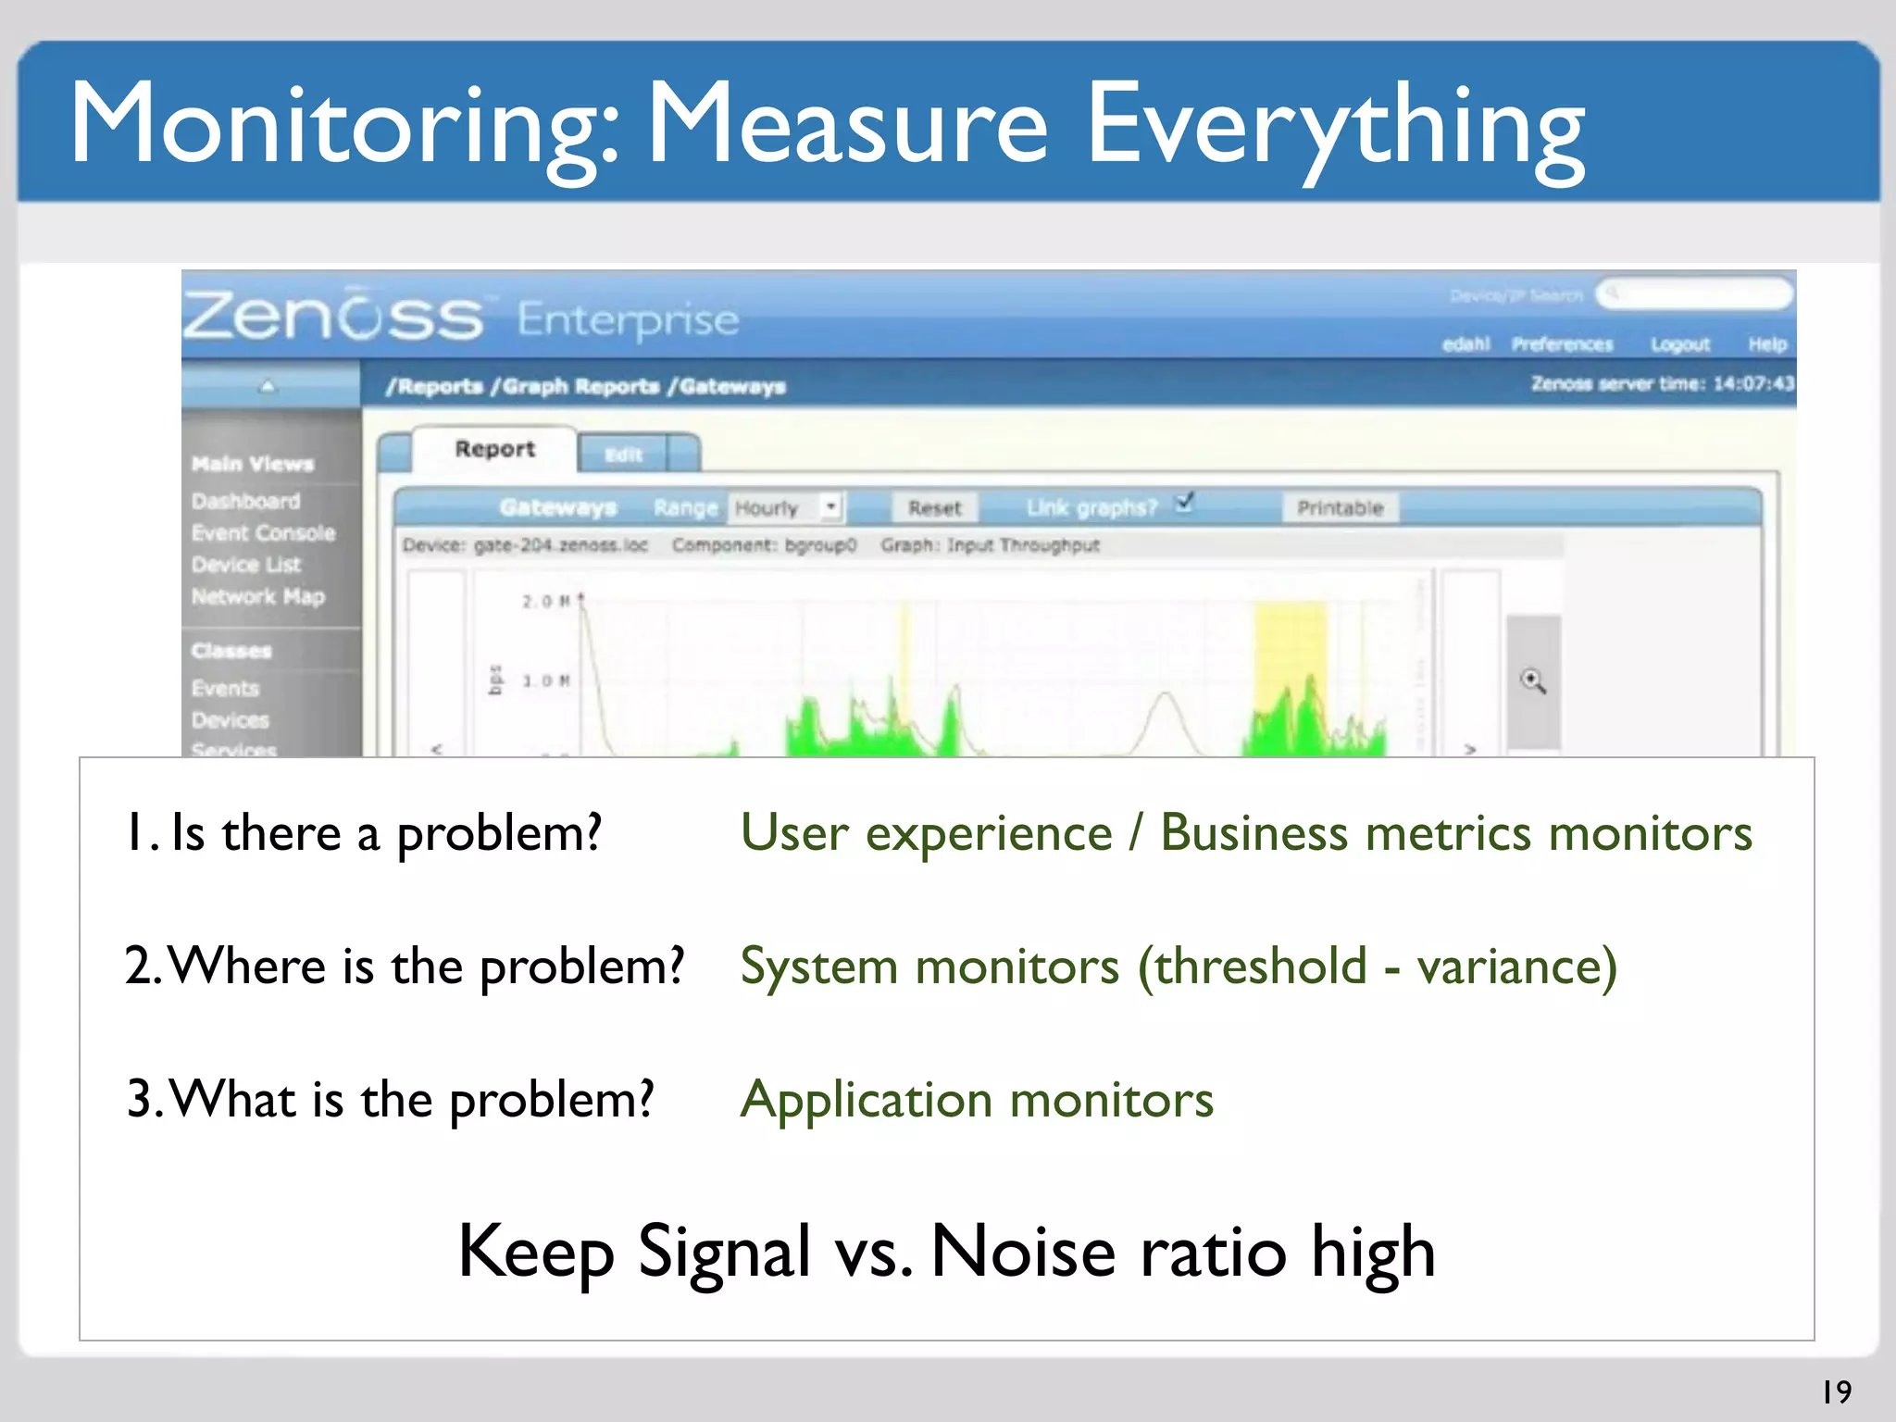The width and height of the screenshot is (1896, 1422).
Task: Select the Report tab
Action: (494, 449)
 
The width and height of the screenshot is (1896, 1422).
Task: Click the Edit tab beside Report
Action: (623, 455)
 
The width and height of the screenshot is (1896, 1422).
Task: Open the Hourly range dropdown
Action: (830, 506)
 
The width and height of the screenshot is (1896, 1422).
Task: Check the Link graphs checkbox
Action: (1184, 503)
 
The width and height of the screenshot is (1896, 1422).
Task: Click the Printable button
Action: (1340, 507)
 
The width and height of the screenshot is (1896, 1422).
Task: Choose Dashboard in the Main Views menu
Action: (246, 501)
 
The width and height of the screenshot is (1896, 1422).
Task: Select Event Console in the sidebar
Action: (263, 533)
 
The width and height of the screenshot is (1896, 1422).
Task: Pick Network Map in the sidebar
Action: (258, 596)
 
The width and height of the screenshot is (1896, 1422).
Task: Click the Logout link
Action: (1679, 344)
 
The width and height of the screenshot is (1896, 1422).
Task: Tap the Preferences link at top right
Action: (1562, 344)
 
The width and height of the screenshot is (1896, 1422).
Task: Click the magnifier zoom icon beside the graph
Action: (1533, 681)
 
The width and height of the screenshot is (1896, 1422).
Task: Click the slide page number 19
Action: (1837, 1391)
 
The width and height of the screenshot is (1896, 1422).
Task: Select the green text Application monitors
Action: (977, 1099)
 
